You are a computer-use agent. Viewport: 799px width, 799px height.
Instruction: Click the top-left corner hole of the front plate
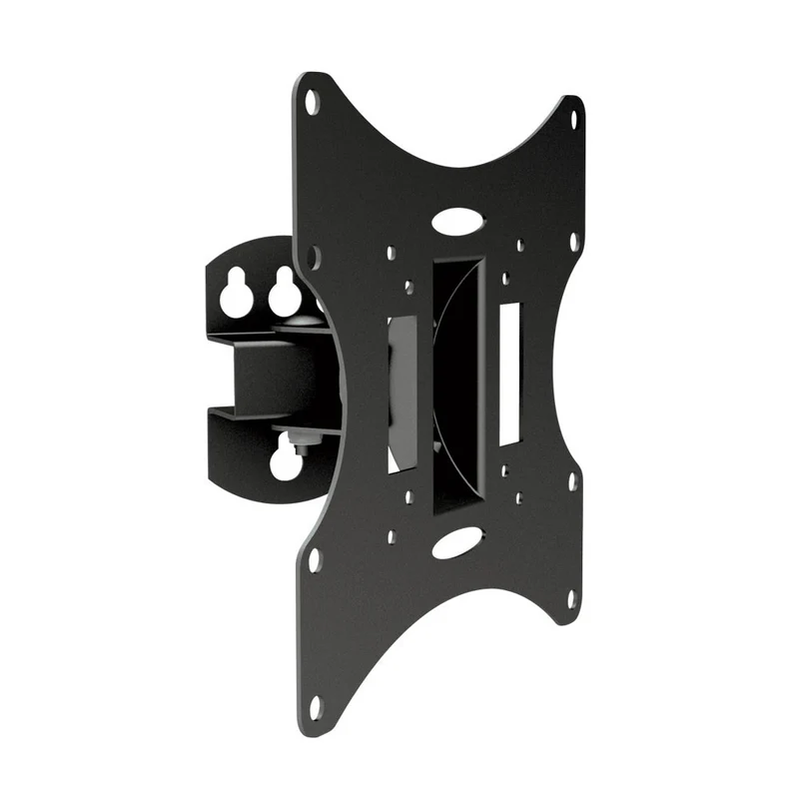coord(312,100)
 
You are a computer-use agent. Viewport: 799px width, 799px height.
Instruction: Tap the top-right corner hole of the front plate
coord(573,118)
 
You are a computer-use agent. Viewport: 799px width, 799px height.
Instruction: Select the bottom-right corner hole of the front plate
coord(572,599)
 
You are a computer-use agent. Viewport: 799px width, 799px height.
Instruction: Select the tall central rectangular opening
coord(458,385)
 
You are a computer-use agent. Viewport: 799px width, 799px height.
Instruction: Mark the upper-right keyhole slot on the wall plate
coord(285,292)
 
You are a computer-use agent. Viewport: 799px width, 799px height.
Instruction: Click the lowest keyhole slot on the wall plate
coord(286,460)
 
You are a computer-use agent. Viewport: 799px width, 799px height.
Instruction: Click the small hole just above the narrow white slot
coord(505,279)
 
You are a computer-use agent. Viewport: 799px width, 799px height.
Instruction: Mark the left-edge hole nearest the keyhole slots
coord(315,257)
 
